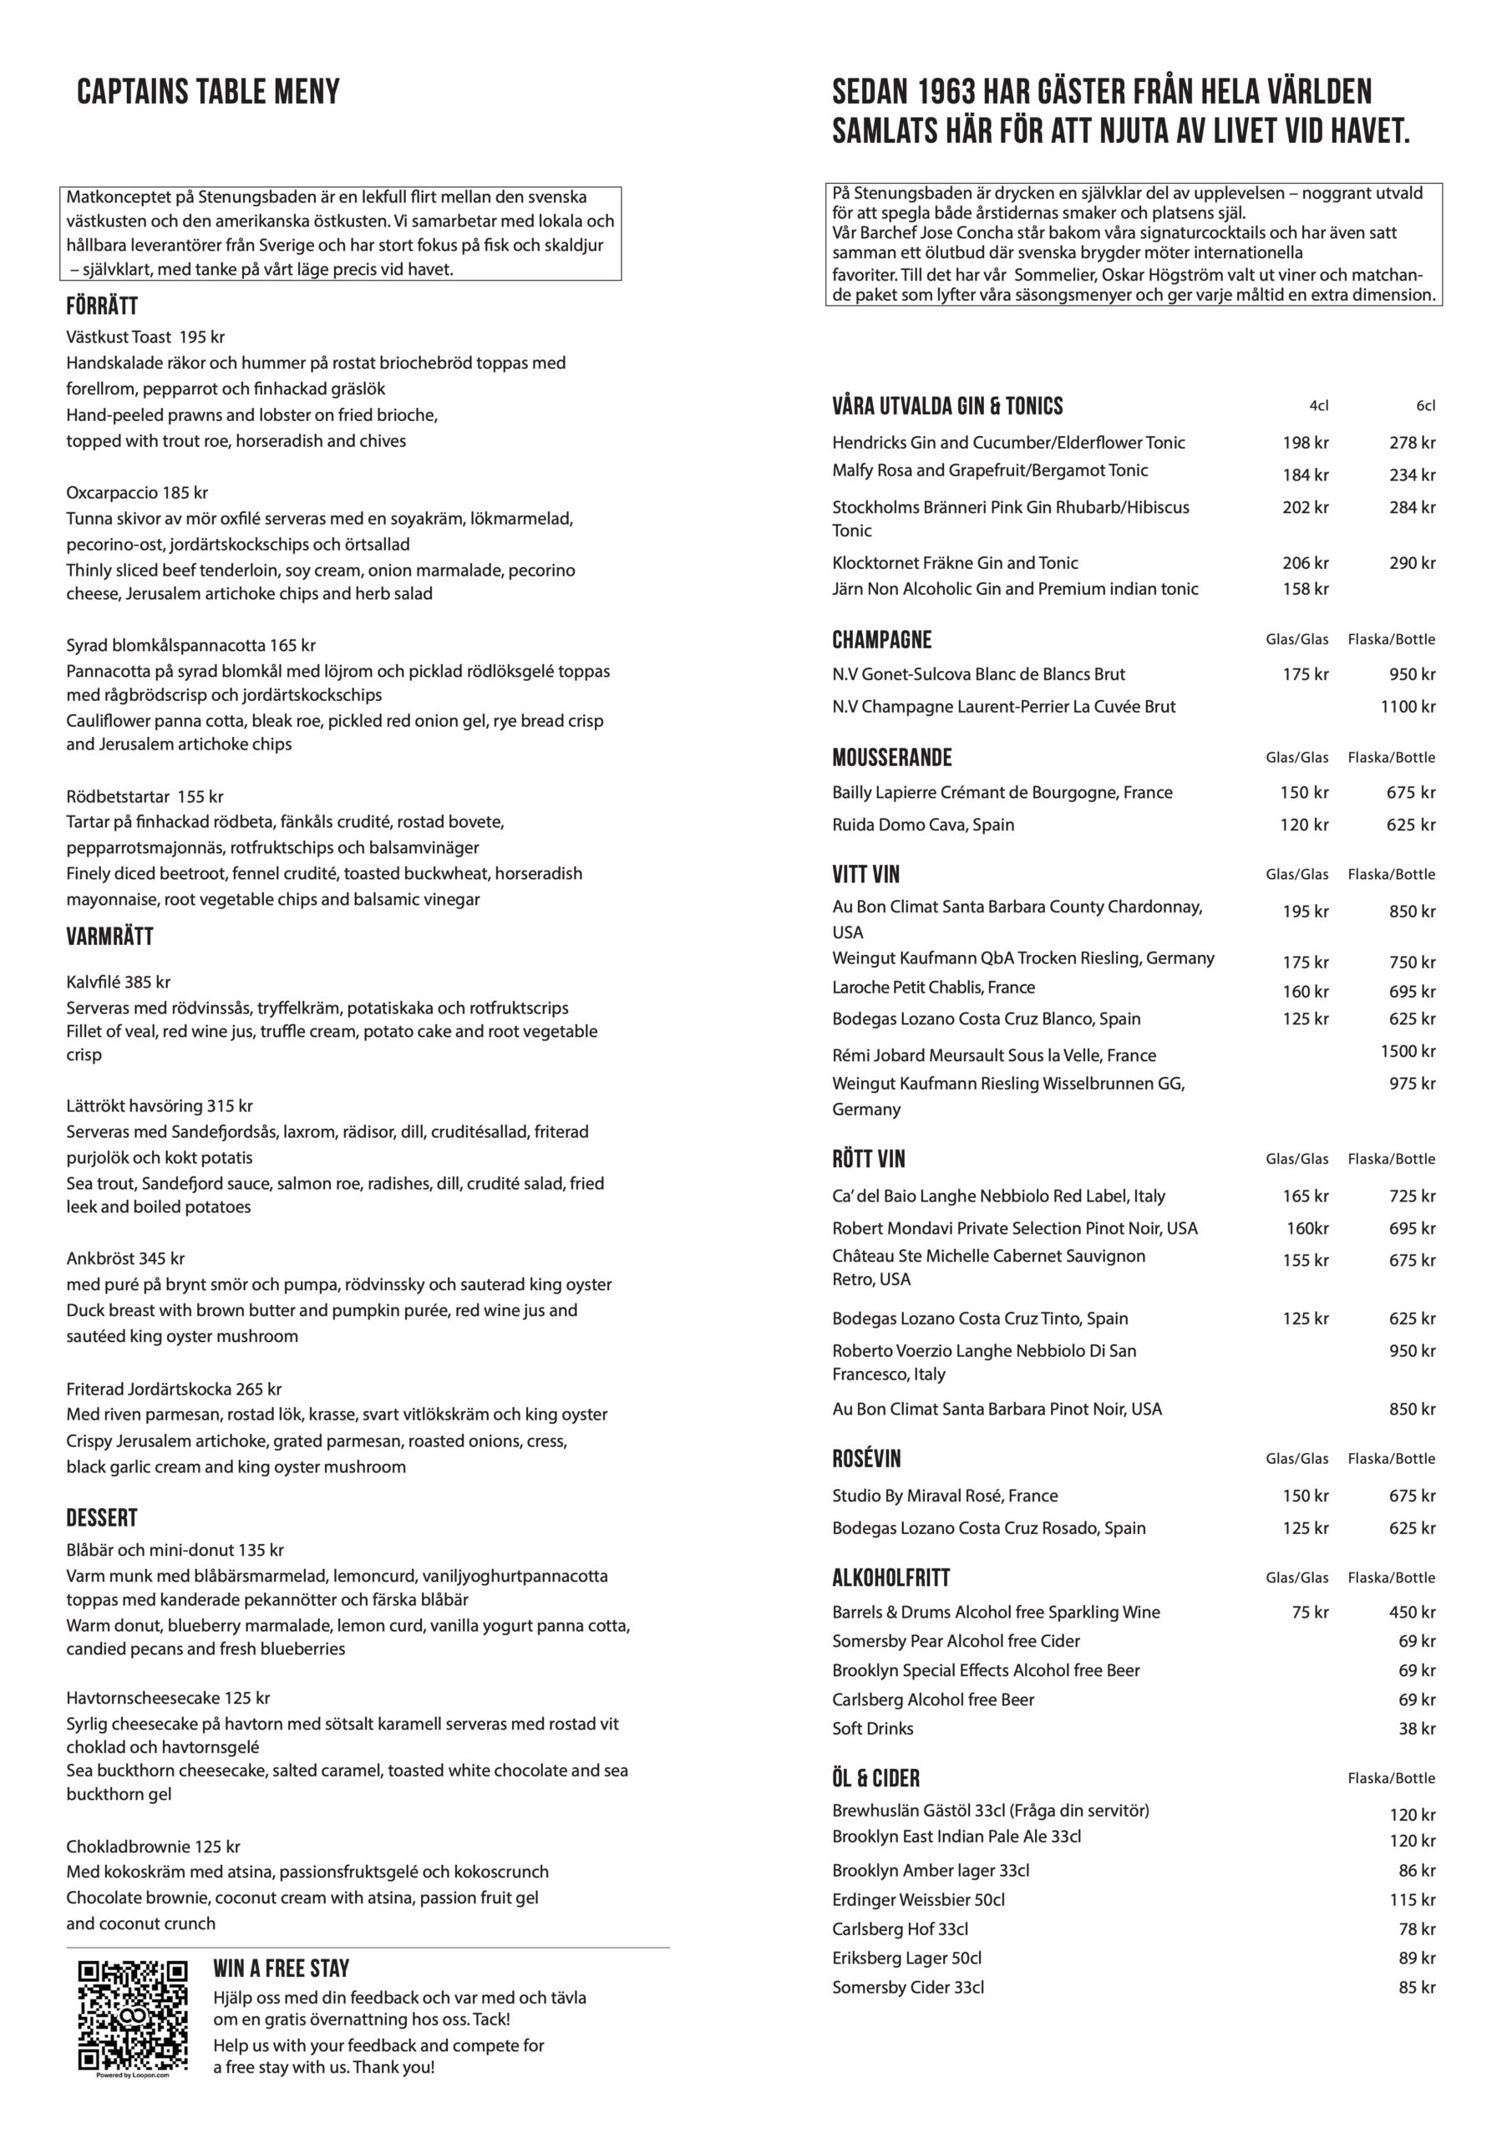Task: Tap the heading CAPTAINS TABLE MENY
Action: point(208,92)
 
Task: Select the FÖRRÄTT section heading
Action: point(102,307)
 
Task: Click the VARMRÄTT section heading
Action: point(109,937)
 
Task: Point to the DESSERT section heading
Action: point(102,1517)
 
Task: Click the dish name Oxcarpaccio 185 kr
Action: point(137,492)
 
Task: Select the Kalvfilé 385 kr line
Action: point(119,981)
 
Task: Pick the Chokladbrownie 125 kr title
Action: point(153,1846)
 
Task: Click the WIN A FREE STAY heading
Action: point(281,1969)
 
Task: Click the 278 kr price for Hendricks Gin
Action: point(1412,443)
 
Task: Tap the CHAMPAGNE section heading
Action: point(881,640)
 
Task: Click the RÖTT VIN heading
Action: point(868,1159)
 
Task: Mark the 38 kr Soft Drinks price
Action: point(1416,1728)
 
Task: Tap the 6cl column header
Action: point(1425,405)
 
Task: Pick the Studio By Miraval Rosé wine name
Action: point(945,1496)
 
